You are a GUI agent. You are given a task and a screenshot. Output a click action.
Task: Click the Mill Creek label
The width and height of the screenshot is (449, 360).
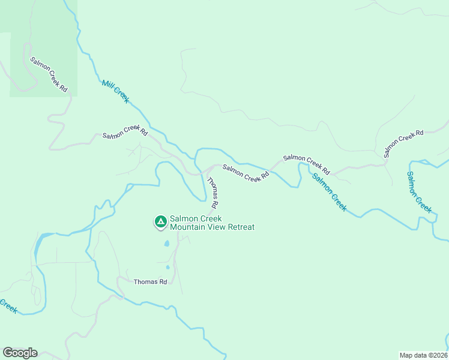115,91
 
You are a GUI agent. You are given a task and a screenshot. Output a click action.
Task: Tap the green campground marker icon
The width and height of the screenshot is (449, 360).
160,222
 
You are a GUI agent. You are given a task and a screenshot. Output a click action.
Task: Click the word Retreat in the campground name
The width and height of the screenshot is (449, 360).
239,227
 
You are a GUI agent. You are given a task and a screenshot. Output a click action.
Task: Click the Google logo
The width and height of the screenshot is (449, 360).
20,352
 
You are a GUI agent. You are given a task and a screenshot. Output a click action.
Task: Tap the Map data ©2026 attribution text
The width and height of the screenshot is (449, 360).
423,355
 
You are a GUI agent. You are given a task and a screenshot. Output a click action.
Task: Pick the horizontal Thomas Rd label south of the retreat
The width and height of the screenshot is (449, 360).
149,281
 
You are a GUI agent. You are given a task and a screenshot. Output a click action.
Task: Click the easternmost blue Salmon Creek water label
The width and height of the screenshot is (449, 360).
418,191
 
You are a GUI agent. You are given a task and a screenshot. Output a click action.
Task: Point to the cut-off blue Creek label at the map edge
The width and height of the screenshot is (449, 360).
8,305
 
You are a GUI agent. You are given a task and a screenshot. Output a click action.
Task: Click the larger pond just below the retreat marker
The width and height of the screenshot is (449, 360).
166,244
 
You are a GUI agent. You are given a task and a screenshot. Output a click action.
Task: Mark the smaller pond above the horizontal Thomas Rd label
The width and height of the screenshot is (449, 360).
167,267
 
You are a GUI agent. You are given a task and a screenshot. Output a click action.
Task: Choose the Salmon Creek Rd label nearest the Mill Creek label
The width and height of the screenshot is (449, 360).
125,132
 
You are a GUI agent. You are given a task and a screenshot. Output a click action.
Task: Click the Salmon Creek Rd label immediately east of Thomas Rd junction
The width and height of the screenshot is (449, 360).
246,173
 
